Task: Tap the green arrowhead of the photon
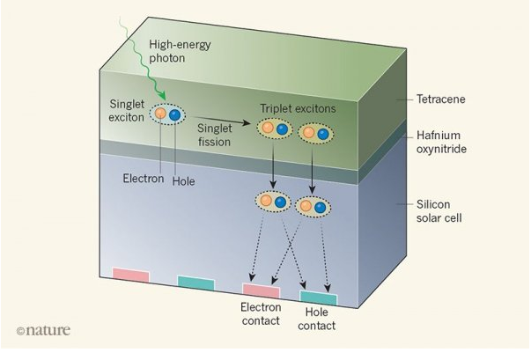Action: click(x=161, y=99)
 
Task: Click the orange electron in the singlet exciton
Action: click(x=161, y=114)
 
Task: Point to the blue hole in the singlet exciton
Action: click(x=174, y=114)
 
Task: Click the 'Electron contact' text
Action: click(x=261, y=314)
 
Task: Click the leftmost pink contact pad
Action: click(x=131, y=276)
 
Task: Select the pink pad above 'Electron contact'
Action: click(x=261, y=290)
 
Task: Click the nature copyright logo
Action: click(x=43, y=330)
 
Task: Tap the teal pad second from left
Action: click(x=195, y=282)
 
